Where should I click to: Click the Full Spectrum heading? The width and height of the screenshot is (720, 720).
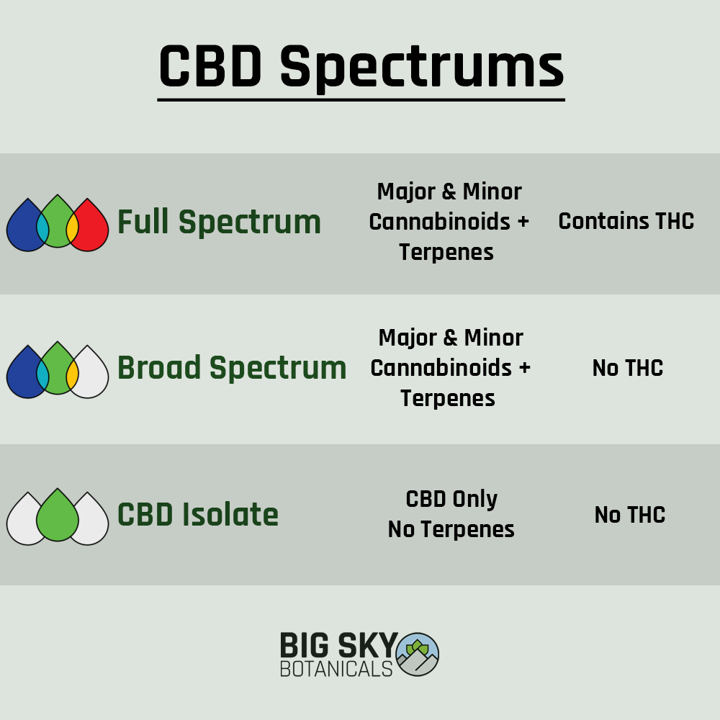pyautogui.click(x=219, y=222)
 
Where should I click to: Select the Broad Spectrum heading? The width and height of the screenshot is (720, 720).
pyautogui.click(x=232, y=369)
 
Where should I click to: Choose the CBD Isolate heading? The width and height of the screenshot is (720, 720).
pyautogui.click(x=198, y=516)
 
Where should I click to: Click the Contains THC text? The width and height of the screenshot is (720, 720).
pyautogui.click(x=626, y=221)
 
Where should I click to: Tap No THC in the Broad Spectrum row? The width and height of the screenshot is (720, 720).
pyautogui.click(x=627, y=368)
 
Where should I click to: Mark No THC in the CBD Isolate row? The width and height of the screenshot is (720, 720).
pyautogui.click(x=629, y=515)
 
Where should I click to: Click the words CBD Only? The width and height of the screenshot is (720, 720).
pyautogui.click(x=451, y=499)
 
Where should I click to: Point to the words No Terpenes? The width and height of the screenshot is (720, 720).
pyautogui.click(x=451, y=529)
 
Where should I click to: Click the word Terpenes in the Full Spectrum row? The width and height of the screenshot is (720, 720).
pyautogui.click(x=446, y=252)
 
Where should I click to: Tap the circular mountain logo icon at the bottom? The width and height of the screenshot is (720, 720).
pyautogui.click(x=417, y=654)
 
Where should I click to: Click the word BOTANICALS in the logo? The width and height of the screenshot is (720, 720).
pyautogui.click(x=336, y=669)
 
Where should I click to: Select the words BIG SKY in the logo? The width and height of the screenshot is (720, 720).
pyautogui.click(x=338, y=644)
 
